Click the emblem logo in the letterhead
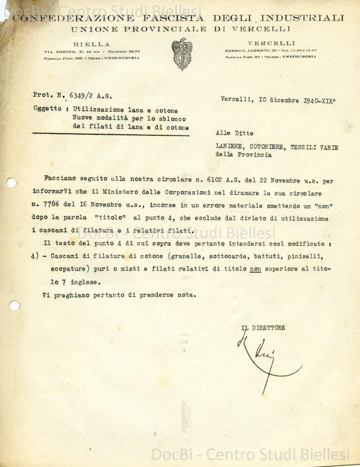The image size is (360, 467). pos(182,53)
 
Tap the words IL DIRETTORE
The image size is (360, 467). pos(263,328)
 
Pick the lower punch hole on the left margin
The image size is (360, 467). pos(14,306)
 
